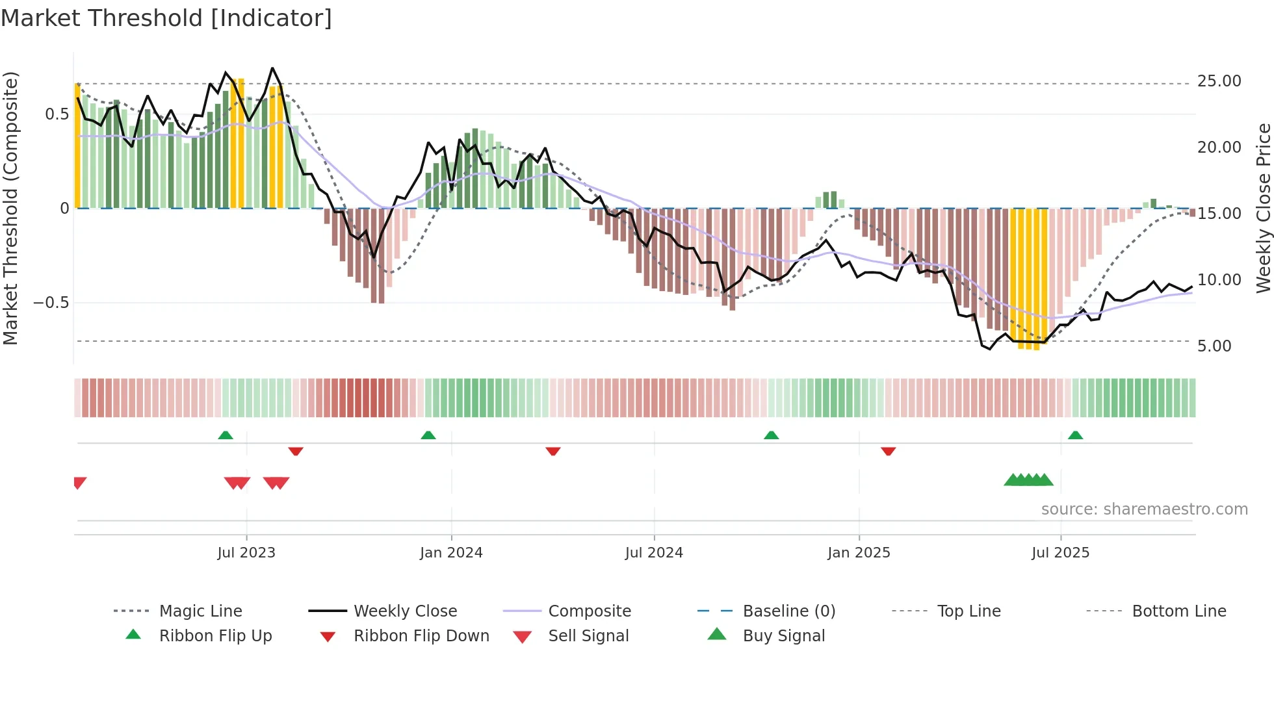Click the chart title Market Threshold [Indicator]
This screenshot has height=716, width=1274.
(x=166, y=18)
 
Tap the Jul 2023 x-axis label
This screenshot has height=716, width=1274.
(x=246, y=553)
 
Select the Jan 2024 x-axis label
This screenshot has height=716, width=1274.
(x=451, y=553)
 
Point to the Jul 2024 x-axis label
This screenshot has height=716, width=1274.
(x=654, y=553)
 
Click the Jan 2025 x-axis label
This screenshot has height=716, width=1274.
(x=859, y=553)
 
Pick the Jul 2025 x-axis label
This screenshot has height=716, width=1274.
(x=1060, y=553)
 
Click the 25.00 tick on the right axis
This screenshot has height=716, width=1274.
(x=1219, y=81)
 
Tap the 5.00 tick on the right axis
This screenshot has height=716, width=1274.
(x=1214, y=346)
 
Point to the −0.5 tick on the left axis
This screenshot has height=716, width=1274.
(x=51, y=303)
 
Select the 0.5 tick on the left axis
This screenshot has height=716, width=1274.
(x=57, y=114)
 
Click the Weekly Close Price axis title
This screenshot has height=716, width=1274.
(x=1263, y=208)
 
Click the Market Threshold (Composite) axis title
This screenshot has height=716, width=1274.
(x=10, y=208)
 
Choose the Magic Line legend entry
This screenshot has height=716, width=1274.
(x=200, y=611)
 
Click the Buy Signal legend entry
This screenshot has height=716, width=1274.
(x=783, y=636)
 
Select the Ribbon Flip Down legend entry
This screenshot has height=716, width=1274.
(x=421, y=636)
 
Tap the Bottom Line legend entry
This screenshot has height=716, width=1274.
(x=1178, y=611)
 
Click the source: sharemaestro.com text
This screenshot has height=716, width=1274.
(x=1144, y=509)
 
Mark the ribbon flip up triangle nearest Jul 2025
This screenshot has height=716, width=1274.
(x=1075, y=435)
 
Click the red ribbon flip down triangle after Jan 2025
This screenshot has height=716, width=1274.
(x=889, y=451)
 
